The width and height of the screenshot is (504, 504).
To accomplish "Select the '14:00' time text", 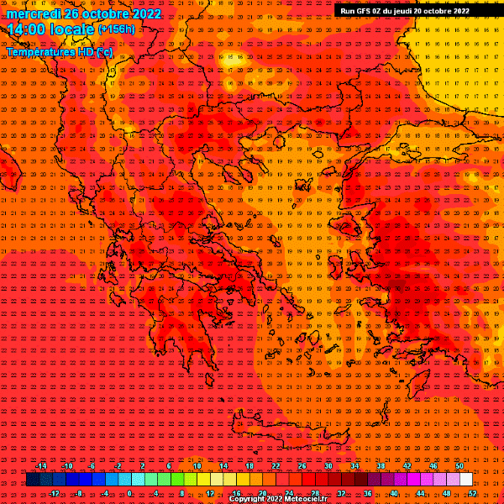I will coord(25,29).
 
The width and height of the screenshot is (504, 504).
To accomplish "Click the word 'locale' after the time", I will coord(71,29).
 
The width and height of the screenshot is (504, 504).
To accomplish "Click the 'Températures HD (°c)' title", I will coord(59,52).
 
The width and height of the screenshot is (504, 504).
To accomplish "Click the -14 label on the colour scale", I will coord(41,466).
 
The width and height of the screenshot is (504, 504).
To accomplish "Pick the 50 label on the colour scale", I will coord(459,466).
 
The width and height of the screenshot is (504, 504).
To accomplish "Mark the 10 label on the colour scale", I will coord(196,466).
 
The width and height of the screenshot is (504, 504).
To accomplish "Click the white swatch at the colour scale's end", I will coord(466,480).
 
